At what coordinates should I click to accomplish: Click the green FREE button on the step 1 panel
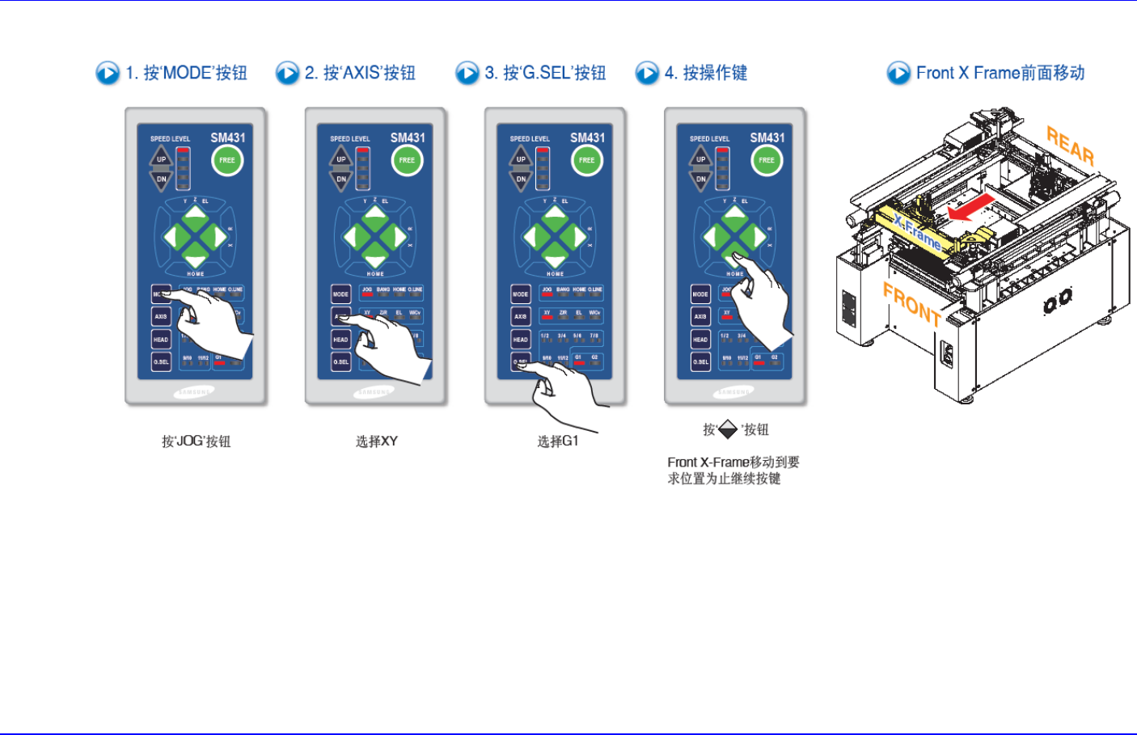pos(227,160)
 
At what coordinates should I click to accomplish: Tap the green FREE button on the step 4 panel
pos(767,160)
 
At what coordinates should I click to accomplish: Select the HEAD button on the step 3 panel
pos(521,340)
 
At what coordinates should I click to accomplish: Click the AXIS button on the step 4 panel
pos(700,317)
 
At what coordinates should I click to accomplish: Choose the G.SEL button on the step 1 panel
pos(161,361)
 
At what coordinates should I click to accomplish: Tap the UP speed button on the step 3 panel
pos(521,158)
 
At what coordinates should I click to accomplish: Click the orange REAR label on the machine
pos(1070,145)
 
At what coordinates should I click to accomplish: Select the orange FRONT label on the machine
pos(911,304)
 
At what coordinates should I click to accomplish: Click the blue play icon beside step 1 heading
pos(108,74)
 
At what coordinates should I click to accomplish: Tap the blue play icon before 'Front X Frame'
pos(898,74)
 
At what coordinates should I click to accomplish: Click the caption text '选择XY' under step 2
pos(377,441)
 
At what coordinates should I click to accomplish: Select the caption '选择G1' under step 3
pos(558,441)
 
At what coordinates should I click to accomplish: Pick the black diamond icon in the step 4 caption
pos(728,429)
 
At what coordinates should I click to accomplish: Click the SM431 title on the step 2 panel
pos(408,138)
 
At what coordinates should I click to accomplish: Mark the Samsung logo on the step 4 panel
pos(733,392)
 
